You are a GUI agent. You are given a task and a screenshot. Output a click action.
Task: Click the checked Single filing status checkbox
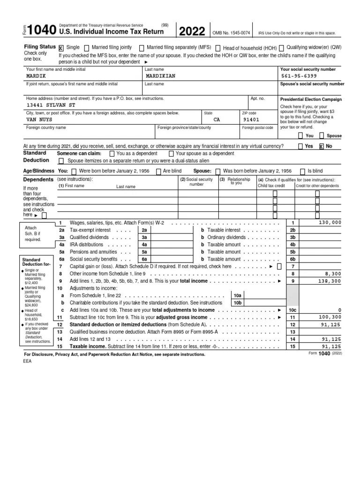[61, 48]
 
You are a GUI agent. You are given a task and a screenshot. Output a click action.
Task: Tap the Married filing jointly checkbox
[88, 48]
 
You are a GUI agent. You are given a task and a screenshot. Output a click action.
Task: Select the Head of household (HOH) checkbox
[218, 48]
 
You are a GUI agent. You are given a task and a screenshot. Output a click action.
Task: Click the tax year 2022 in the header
[192, 32]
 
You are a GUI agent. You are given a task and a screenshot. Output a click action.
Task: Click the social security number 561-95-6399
[299, 76]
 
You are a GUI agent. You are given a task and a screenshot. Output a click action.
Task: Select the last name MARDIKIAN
[161, 76]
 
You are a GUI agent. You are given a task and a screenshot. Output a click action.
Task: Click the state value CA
[217, 120]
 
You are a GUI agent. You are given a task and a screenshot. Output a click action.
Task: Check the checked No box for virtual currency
[322, 146]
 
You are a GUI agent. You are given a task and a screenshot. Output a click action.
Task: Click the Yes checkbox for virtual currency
[300, 146]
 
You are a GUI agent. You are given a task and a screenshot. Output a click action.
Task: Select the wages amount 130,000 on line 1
[330, 223]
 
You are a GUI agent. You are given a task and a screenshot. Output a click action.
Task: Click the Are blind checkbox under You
[159, 172]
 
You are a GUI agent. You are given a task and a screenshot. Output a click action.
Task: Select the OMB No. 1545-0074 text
[231, 32]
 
